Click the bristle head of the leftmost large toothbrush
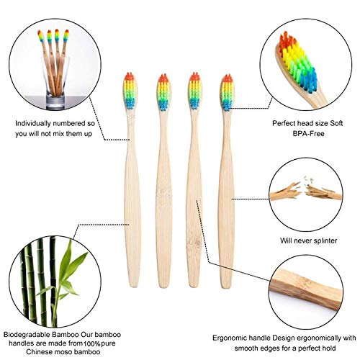130,91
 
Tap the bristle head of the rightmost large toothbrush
227,93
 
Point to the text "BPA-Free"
308,133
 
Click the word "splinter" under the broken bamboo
323,240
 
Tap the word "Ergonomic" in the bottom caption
230,338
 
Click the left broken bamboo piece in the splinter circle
286,192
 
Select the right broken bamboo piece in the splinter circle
323,192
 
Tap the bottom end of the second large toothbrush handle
165,287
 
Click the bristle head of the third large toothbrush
194,91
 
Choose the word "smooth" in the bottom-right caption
247,348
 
